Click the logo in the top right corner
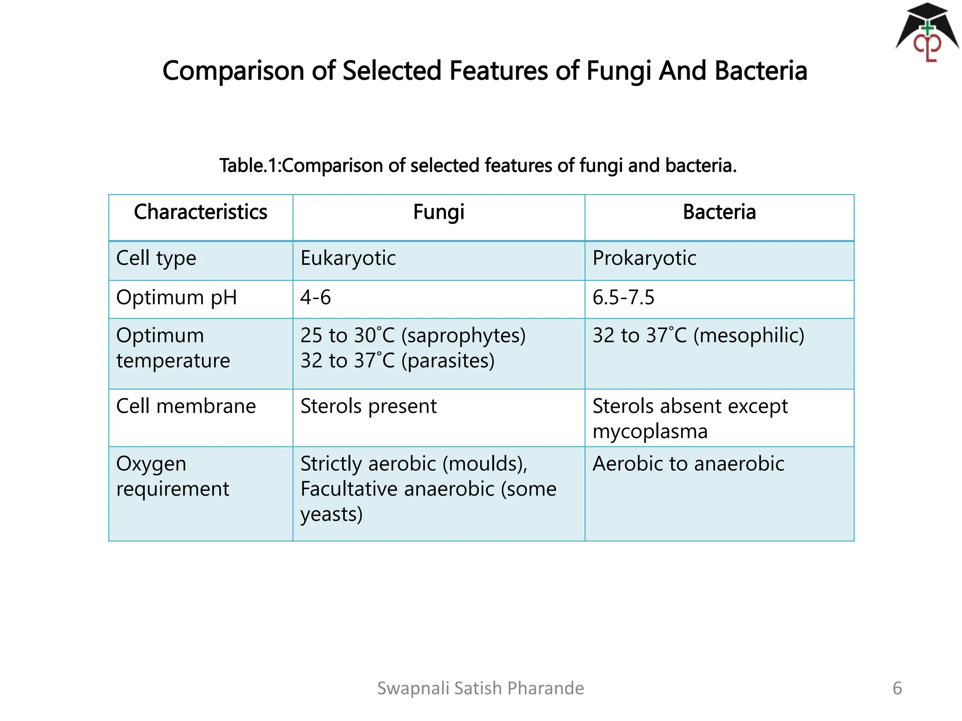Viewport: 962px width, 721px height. tap(927, 33)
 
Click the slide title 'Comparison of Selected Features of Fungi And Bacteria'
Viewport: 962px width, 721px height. tap(484, 71)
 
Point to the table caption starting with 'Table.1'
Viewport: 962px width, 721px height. tap(478, 166)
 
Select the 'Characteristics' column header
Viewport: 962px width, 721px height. tap(201, 212)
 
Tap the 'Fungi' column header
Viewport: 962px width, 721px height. tap(439, 212)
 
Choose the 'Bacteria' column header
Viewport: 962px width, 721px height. tap(719, 212)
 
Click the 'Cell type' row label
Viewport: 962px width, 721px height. tap(156, 258)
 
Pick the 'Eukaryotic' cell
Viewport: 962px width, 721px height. tap(348, 258)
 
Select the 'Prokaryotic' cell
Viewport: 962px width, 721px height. tap(644, 258)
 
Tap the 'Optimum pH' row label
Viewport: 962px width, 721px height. tap(177, 298)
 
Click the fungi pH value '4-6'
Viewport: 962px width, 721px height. tap(316, 298)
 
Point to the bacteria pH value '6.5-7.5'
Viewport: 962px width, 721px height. tap(623, 298)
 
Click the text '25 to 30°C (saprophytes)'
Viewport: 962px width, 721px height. tap(413, 336)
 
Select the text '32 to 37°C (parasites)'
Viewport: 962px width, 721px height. tap(397, 361)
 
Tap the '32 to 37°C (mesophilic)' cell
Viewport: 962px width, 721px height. tap(698, 336)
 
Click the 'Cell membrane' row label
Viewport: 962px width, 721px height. tap(186, 407)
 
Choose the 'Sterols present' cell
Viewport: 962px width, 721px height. tap(368, 407)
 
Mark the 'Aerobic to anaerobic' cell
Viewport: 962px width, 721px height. tap(688, 464)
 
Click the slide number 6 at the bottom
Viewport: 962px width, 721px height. tap(897, 688)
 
